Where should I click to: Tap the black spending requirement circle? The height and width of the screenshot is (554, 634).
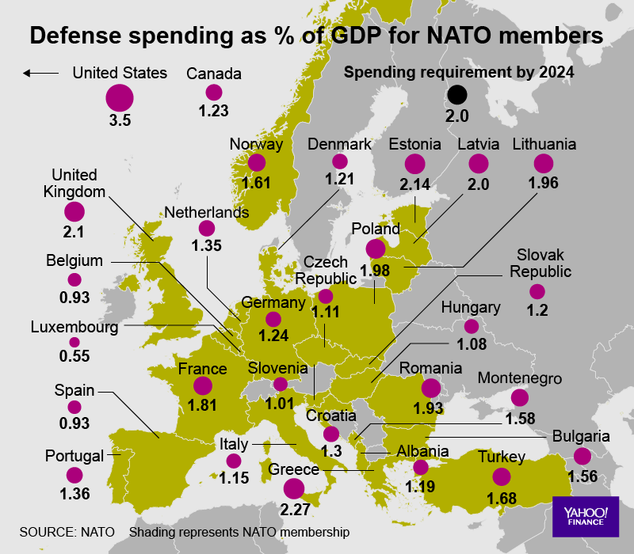click(457, 96)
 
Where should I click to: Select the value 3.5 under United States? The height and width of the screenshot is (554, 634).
click(120, 121)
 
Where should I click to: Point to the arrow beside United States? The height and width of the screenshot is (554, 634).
click(41, 74)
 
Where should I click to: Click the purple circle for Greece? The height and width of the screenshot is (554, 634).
click(294, 489)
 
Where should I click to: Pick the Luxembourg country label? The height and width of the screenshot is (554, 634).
click(74, 326)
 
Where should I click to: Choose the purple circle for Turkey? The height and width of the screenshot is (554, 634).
click(501, 476)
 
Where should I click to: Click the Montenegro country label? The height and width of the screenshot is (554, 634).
click(519, 379)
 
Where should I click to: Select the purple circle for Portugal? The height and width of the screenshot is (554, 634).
click(74, 475)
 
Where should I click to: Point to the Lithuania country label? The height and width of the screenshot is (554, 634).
click(544, 145)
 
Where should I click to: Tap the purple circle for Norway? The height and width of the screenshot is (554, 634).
click(256, 162)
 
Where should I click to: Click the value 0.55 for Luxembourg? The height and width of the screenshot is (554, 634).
click(74, 357)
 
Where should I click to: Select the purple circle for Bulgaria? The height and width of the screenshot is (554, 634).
click(582, 456)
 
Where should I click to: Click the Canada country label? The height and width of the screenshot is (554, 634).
click(214, 74)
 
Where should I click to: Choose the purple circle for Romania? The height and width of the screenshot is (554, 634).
click(431, 388)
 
